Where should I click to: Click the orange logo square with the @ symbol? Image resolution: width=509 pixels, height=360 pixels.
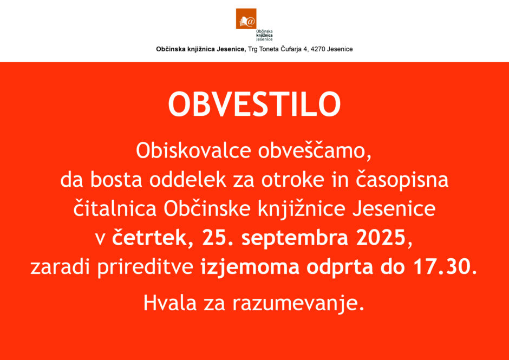[x=246, y=18]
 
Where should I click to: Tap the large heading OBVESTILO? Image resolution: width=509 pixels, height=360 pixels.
[x=254, y=105]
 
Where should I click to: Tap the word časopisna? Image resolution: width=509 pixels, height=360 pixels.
[x=402, y=180]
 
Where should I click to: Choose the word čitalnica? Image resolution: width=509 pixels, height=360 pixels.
[x=115, y=209]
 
